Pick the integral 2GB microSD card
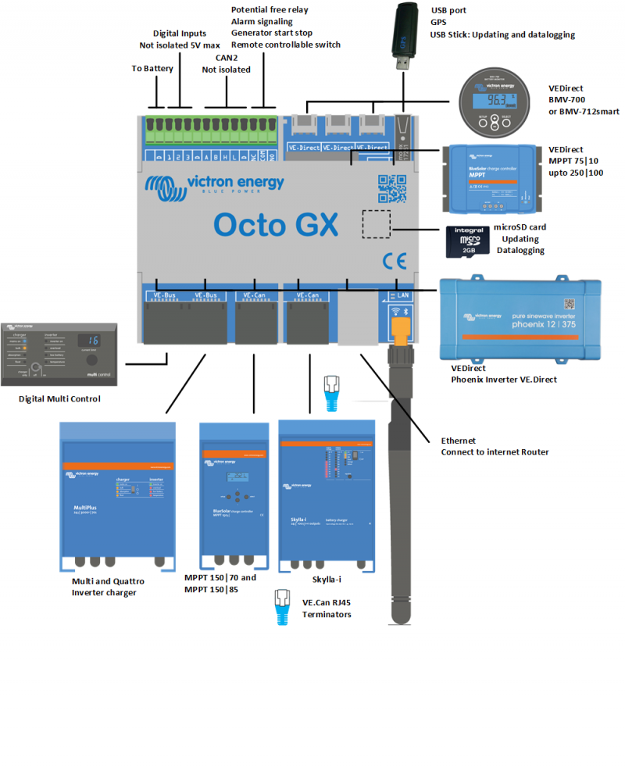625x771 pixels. click(x=467, y=241)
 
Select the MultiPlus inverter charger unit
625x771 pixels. click(x=118, y=494)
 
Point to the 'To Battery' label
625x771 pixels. click(x=152, y=69)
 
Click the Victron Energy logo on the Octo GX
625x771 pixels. click(x=215, y=186)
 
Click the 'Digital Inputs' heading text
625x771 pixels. click(x=180, y=34)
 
